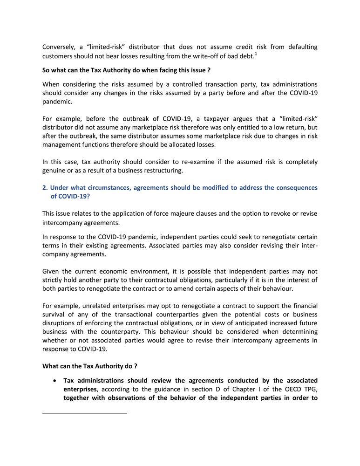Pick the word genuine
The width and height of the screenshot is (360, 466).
point(55,171)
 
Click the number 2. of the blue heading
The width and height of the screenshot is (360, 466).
point(45,188)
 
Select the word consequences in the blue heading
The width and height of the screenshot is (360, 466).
point(292,188)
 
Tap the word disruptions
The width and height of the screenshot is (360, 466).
point(60,323)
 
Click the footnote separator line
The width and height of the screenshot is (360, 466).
point(84,413)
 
